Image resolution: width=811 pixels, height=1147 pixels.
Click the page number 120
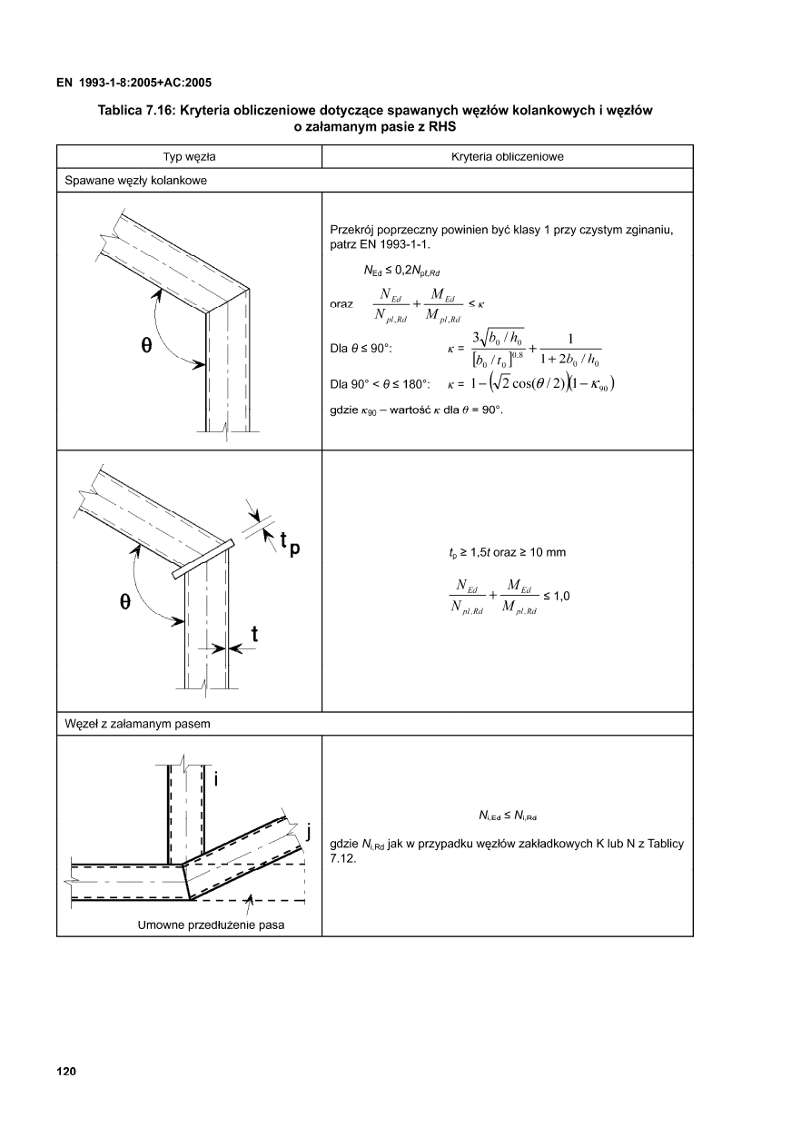(66, 1072)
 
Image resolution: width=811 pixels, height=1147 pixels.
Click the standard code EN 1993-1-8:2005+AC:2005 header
(134, 82)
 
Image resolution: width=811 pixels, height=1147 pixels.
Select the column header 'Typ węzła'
(189, 157)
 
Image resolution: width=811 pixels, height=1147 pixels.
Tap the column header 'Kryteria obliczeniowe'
(508, 157)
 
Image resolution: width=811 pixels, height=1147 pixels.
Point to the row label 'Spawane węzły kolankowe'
(135, 181)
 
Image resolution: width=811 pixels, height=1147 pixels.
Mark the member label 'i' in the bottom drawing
(216, 779)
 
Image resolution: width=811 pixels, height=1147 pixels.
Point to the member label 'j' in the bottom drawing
(309, 830)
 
